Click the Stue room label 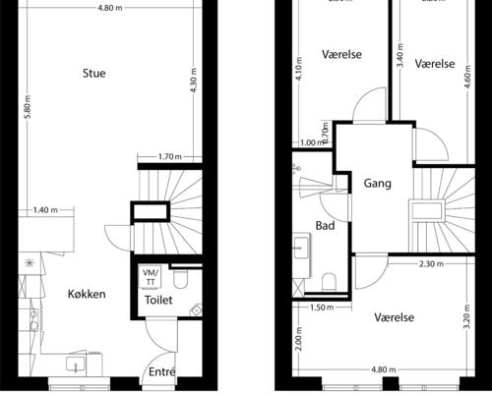coord(95,73)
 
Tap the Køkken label coord(87,294)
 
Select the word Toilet coord(159,299)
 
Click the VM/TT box coord(151,276)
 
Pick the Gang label coord(378,184)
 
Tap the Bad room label coord(325,225)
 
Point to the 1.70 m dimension coord(171,156)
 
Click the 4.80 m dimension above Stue coord(110,8)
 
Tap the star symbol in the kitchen coord(31,262)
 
